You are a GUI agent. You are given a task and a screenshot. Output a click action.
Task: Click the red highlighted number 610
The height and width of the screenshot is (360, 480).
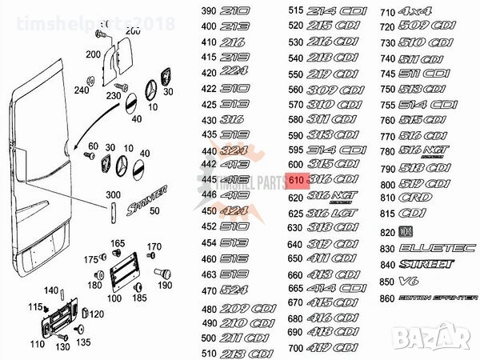point(296,181)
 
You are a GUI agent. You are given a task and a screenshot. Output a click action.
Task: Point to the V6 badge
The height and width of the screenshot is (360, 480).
point(409,281)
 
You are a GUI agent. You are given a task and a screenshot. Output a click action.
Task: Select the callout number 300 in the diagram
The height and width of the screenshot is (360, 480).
point(113,195)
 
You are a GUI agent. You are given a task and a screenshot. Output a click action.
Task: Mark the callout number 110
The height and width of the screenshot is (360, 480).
point(37,344)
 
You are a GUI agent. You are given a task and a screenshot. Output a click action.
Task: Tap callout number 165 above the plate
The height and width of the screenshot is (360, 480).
point(118,243)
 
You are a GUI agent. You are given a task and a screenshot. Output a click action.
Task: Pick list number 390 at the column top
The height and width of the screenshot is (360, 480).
point(209,13)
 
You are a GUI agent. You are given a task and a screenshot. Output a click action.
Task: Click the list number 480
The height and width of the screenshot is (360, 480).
point(209,310)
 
